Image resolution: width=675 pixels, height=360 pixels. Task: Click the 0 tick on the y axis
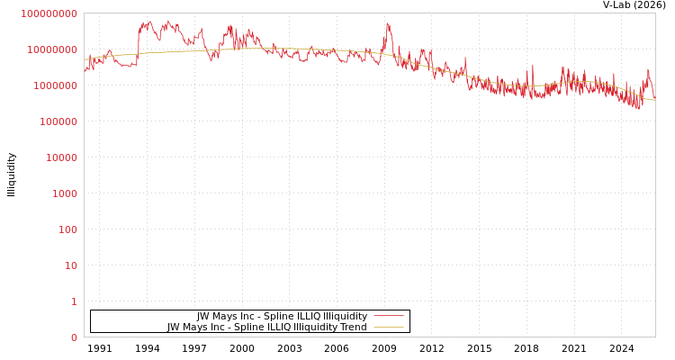point(74,337)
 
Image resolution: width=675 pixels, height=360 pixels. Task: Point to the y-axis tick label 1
point(74,301)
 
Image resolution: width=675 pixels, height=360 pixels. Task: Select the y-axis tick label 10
point(70,265)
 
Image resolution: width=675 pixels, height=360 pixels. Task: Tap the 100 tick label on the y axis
point(67,229)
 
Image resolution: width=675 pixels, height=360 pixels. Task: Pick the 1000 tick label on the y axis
point(65,193)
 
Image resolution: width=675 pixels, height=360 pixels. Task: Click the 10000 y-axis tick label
point(61,157)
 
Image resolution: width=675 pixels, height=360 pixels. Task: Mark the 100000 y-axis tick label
point(58,121)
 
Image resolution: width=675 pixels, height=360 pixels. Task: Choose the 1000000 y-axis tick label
point(55,85)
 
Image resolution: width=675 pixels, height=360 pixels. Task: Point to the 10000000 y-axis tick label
point(52,49)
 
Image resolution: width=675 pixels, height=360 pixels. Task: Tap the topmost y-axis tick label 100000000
point(49,13)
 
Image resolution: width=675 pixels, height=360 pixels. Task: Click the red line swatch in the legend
point(388,316)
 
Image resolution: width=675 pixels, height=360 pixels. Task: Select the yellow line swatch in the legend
point(388,327)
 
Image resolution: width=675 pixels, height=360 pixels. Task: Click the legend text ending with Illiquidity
point(282,316)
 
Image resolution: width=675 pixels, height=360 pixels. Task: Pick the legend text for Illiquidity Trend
point(266,327)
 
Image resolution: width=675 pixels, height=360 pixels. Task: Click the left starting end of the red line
point(85,68)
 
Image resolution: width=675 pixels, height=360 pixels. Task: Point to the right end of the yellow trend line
point(654,100)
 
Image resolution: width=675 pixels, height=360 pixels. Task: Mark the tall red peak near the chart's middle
point(388,24)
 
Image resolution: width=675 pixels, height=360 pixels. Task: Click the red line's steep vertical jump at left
point(138,45)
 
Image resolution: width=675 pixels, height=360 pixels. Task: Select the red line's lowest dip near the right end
point(639,108)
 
